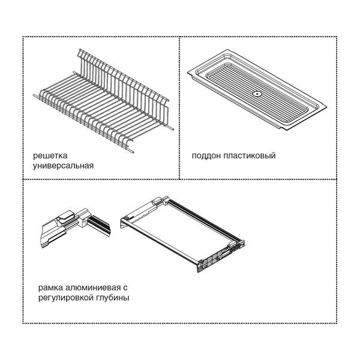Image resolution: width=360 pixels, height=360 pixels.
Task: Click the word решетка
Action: coord(50,155)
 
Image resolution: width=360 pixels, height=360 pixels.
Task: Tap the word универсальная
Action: coord(64,166)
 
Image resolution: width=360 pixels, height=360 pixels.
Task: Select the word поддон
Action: coord(206,155)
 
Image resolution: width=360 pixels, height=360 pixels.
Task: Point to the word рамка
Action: coord(50,287)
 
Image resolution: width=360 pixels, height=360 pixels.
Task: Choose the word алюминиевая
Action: coord(93,287)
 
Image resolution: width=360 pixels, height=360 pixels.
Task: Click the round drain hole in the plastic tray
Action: coord(257,94)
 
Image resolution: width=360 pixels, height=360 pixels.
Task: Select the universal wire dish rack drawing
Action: coord(103,101)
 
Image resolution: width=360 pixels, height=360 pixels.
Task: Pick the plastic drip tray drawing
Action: coord(257,90)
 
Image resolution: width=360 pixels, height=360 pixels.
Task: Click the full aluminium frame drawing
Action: coord(182,233)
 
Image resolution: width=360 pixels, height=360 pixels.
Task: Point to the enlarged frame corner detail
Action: coord(76,228)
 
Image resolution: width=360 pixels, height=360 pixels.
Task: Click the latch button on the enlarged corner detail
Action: coord(66,216)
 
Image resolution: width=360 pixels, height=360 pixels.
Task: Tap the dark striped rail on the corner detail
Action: coord(99,225)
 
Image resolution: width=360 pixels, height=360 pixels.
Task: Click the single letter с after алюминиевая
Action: coord(125,288)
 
